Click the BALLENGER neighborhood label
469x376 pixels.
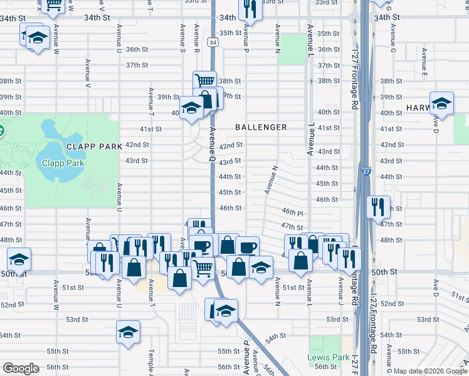261,127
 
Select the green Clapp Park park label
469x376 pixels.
62,164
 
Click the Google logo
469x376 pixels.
21,368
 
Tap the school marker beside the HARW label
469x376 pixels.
441,104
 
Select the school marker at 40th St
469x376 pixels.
191,108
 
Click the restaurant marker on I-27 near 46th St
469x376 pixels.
376,207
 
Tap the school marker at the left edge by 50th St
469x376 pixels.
19,260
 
